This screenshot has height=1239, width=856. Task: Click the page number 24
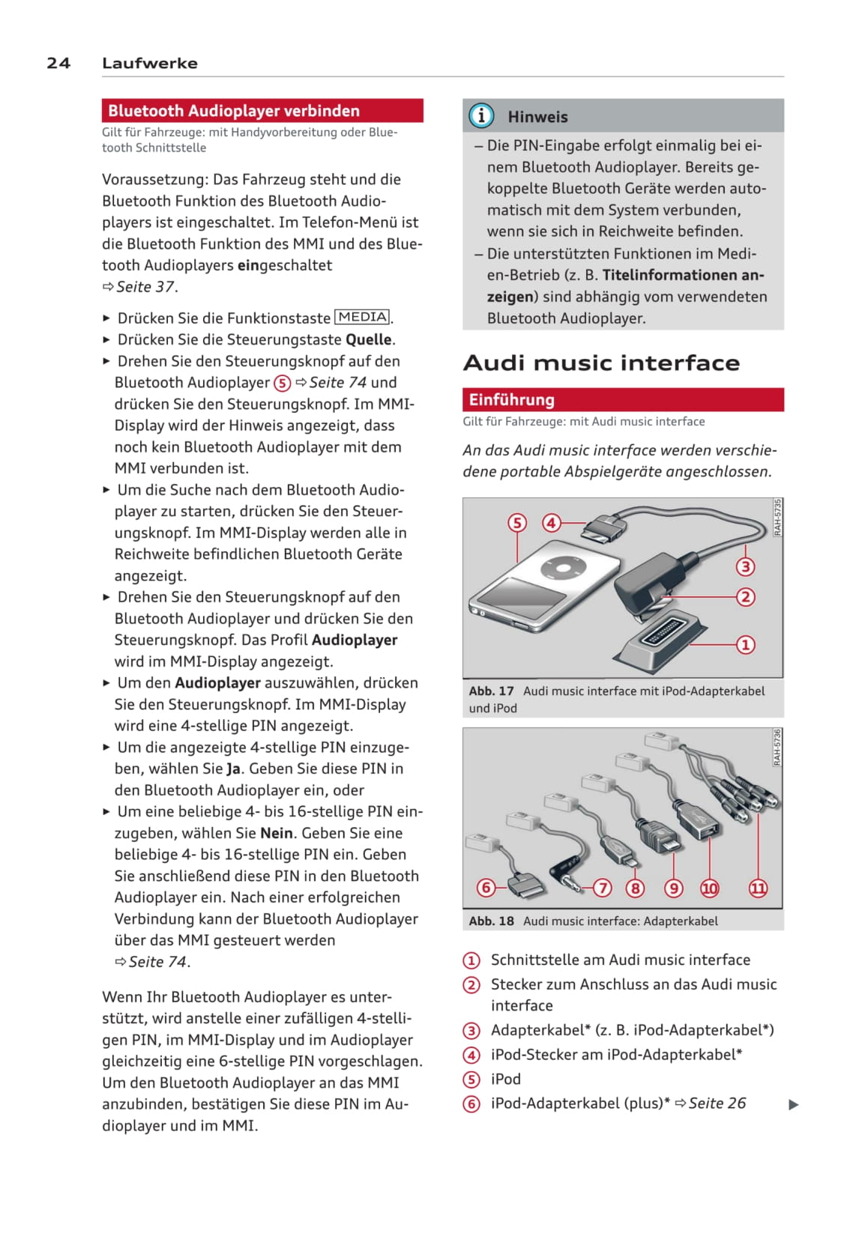coord(58,63)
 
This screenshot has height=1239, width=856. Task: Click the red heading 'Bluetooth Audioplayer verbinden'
coord(233,111)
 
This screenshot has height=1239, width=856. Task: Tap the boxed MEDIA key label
coord(362,317)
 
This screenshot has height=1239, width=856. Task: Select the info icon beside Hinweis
coord(481,115)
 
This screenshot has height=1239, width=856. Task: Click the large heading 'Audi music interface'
coord(601,363)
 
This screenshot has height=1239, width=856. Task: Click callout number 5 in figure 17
coord(517,522)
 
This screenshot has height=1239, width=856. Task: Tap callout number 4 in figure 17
coord(552,522)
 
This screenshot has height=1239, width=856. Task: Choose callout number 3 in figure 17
coord(745,566)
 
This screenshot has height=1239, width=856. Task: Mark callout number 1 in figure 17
coord(745,644)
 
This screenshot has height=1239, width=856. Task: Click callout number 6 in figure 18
coord(486,888)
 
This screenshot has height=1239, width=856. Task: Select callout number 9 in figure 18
coord(674,888)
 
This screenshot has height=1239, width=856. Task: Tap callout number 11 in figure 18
coord(759,888)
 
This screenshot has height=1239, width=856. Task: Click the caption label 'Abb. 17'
coord(492,691)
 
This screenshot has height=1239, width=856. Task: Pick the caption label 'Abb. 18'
coord(492,921)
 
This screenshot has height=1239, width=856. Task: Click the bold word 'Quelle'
coord(368,339)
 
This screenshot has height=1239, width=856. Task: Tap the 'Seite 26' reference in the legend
coord(717,1103)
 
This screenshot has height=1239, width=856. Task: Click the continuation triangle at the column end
coord(794,1104)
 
